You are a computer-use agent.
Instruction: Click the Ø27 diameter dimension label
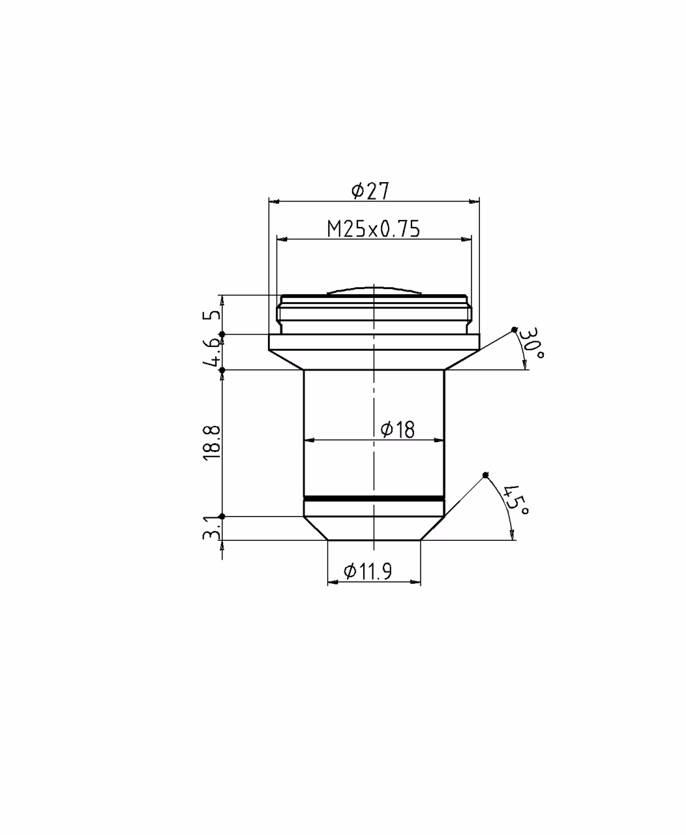[370, 191]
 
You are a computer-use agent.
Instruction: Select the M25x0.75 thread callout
[373, 229]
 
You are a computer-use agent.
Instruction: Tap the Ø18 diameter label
[397, 430]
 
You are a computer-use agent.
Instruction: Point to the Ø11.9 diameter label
[368, 571]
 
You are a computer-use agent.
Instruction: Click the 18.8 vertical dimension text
[212, 443]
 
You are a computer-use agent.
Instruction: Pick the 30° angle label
[531, 343]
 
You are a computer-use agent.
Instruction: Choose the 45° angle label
[516, 500]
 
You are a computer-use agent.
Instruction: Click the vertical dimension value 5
[212, 315]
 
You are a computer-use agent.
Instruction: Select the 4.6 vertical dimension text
[212, 352]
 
